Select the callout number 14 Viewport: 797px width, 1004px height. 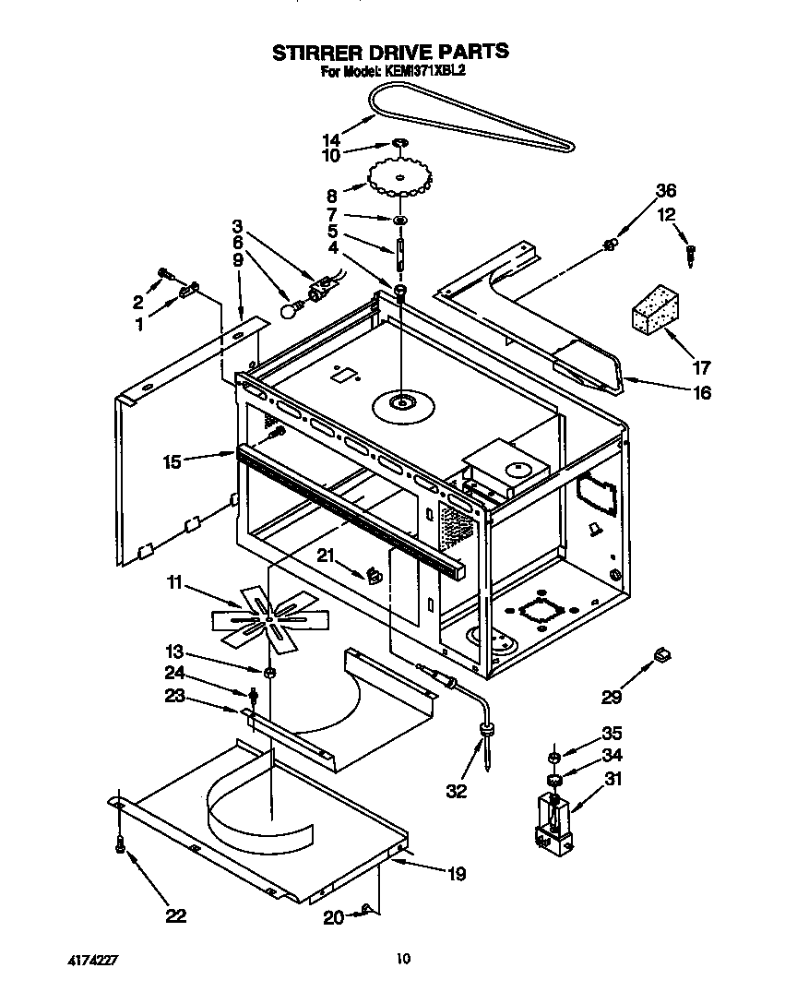331,140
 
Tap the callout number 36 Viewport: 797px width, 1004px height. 665,192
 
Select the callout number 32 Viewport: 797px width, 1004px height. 456,791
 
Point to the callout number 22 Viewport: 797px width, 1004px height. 175,915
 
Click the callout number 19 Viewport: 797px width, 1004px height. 457,874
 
